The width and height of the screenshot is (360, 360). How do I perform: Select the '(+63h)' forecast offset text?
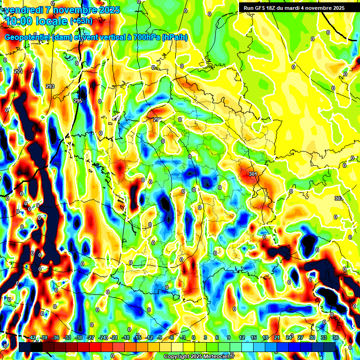pos(81,21)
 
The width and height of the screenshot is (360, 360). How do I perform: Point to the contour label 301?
pos(253,174)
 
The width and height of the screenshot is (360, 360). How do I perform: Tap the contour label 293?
pos(50,86)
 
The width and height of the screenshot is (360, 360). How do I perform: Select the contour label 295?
pos(78,101)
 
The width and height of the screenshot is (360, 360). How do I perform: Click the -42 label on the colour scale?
pos(32,337)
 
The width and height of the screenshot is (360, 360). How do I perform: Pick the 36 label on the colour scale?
pos(335,337)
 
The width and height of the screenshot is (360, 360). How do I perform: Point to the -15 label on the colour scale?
pos(137,337)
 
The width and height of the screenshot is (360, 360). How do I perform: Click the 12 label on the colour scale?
pos(242,337)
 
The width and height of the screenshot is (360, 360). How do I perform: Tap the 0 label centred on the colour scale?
pos(194,337)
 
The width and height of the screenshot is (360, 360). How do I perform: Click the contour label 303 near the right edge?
pos(338,199)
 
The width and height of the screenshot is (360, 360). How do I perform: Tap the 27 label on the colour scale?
pos(300,337)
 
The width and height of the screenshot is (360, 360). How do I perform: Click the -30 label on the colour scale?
pos(79,337)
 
